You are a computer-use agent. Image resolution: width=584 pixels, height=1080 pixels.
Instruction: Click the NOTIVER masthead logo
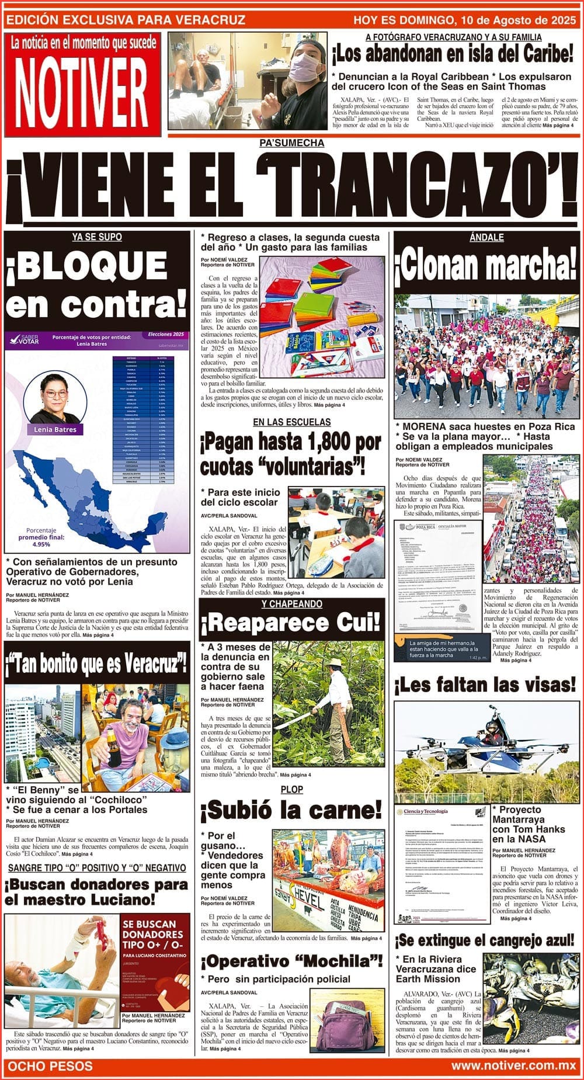pos(82,91)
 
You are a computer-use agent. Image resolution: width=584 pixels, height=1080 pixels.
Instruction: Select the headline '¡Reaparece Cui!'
pos(291,623)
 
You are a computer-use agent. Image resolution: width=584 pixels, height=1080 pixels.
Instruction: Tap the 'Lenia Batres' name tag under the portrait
pos(55,429)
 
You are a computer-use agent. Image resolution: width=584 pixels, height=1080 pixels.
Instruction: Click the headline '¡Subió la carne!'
pos(291,810)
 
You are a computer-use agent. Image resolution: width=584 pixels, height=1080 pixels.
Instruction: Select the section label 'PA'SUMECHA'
pos(292,143)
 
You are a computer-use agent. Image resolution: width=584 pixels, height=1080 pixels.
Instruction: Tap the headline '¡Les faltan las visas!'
pos(486,685)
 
